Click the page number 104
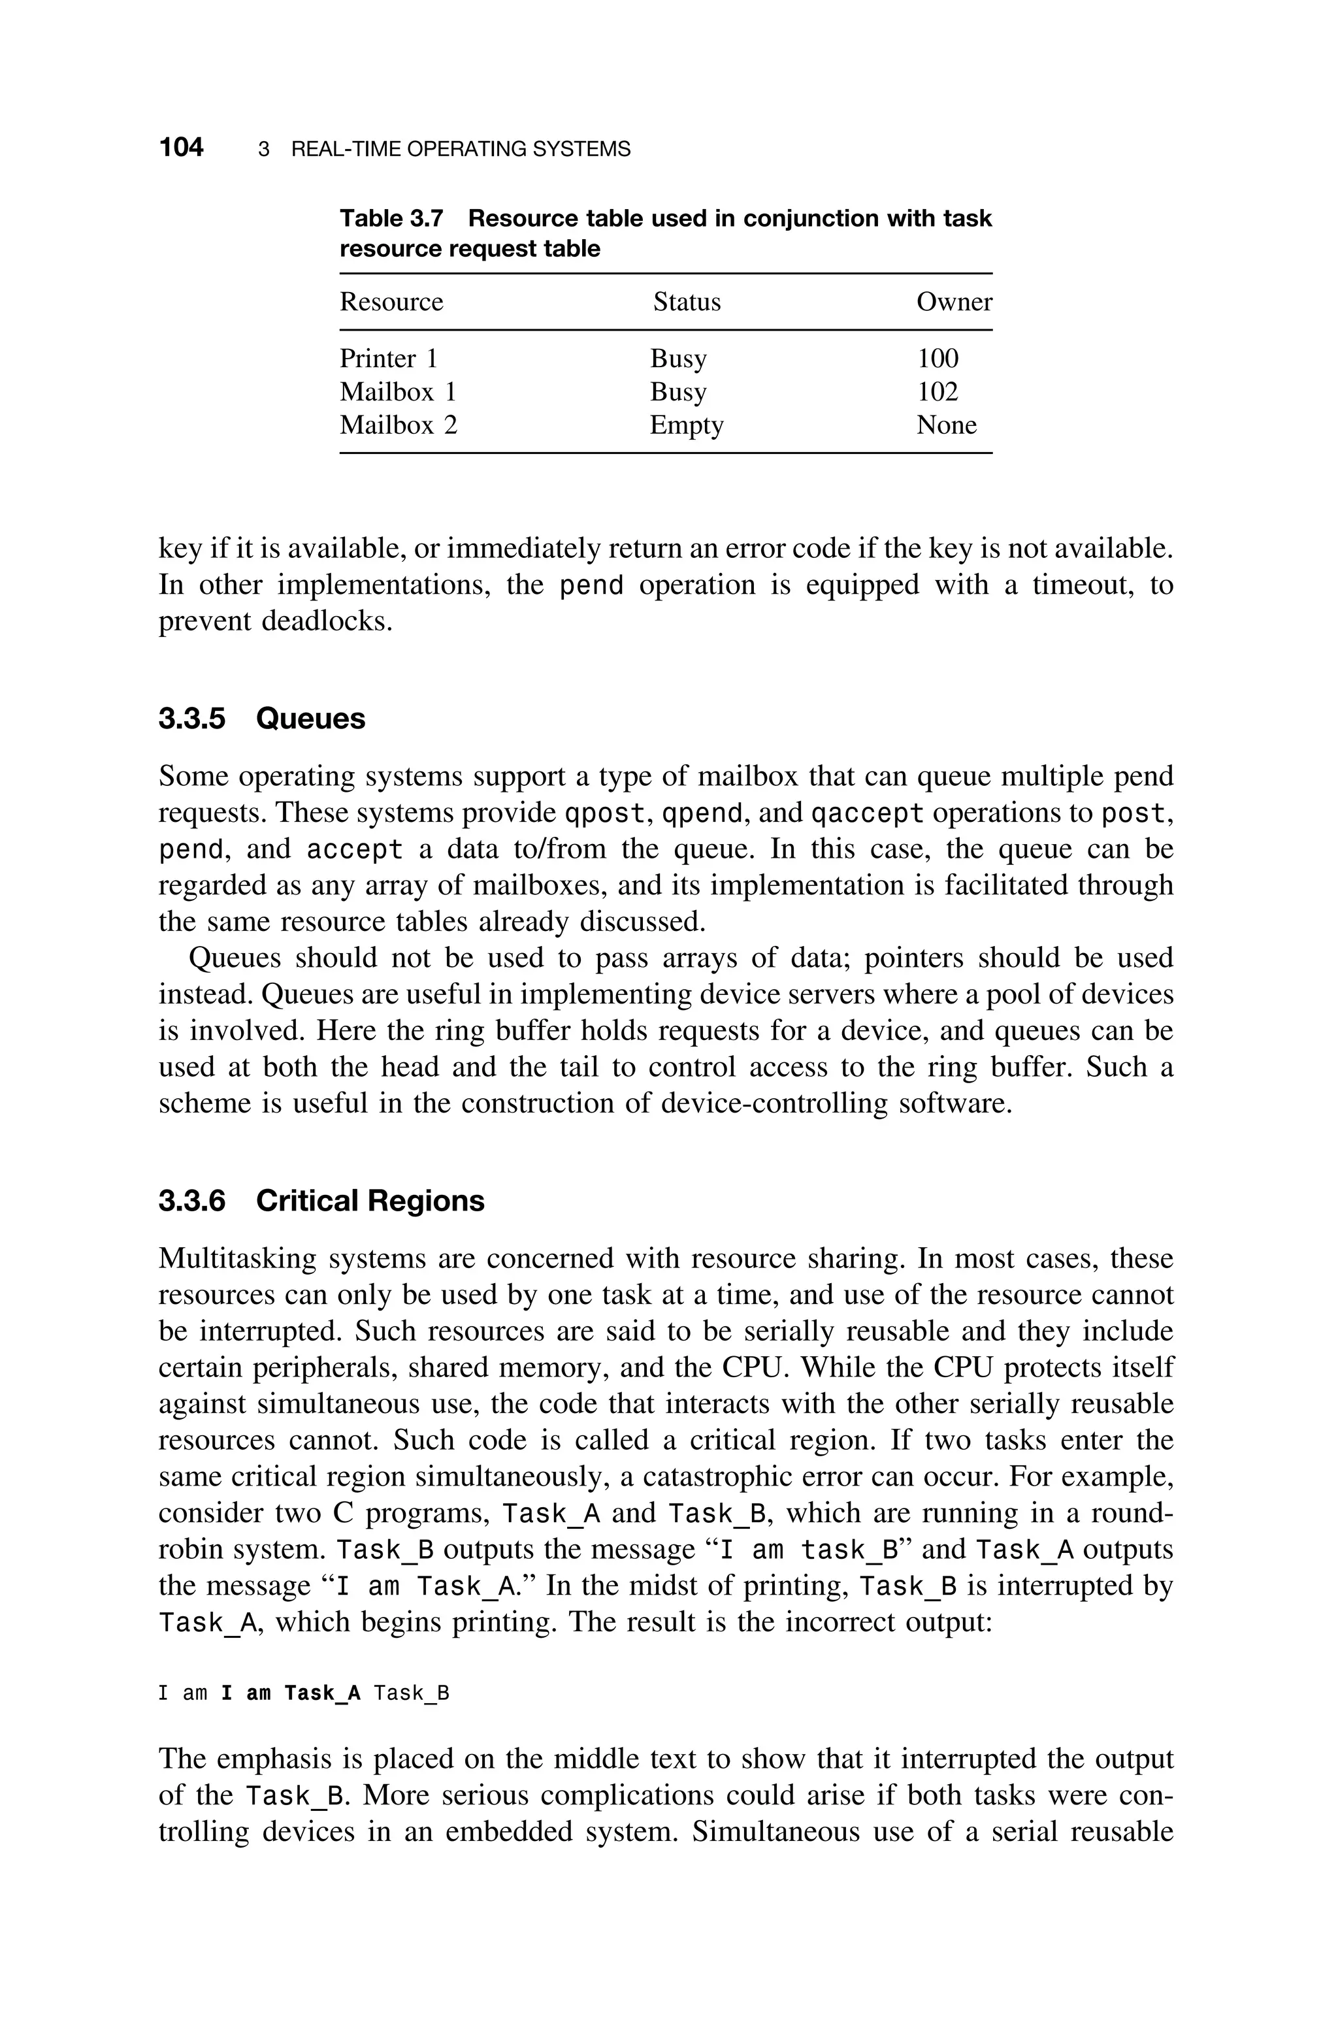point(181,148)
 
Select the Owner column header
point(954,302)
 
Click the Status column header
point(687,302)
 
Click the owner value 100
point(937,358)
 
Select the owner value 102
point(937,391)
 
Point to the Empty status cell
point(686,425)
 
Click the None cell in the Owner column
point(946,425)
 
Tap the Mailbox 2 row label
point(399,425)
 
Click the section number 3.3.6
point(192,1201)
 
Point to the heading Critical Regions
point(370,1201)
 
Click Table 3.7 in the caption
point(392,220)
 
